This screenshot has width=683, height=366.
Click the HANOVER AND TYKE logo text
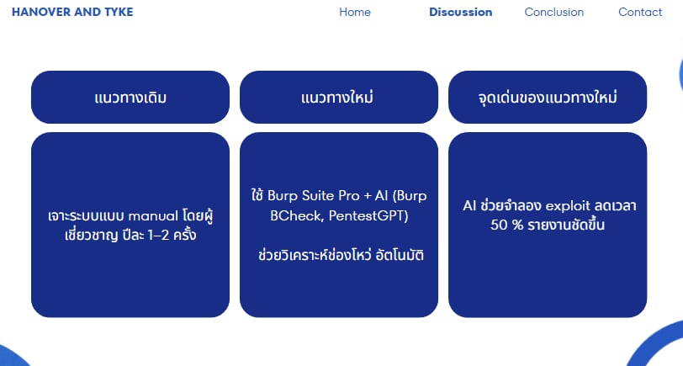tap(72, 12)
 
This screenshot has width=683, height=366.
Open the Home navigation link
tap(355, 12)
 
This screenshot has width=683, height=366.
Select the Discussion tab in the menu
tap(460, 12)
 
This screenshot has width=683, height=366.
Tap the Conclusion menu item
tap(553, 12)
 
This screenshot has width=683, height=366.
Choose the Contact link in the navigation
tap(640, 12)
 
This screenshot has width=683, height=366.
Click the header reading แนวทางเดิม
tap(130, 98)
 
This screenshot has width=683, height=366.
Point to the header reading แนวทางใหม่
tap(338, 98)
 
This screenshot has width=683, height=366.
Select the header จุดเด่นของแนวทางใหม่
tap(548, 98)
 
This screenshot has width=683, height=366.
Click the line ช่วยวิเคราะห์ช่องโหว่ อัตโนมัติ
tap(339, 254)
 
